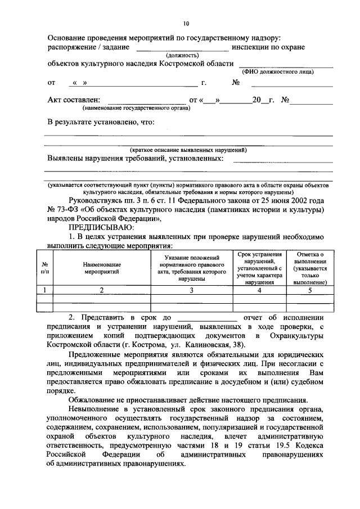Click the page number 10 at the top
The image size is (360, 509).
click(186, 23)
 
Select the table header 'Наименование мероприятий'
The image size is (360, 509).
click(102, 267)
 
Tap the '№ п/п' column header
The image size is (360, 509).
click(45, 267)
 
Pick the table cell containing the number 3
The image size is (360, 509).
click(191, 290)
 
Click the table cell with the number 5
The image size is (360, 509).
click(309, 290)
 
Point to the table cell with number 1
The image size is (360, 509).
click(45, 290)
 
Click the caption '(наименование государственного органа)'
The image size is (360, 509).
click(135, 107)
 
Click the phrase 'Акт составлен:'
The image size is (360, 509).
click(73, 100)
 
